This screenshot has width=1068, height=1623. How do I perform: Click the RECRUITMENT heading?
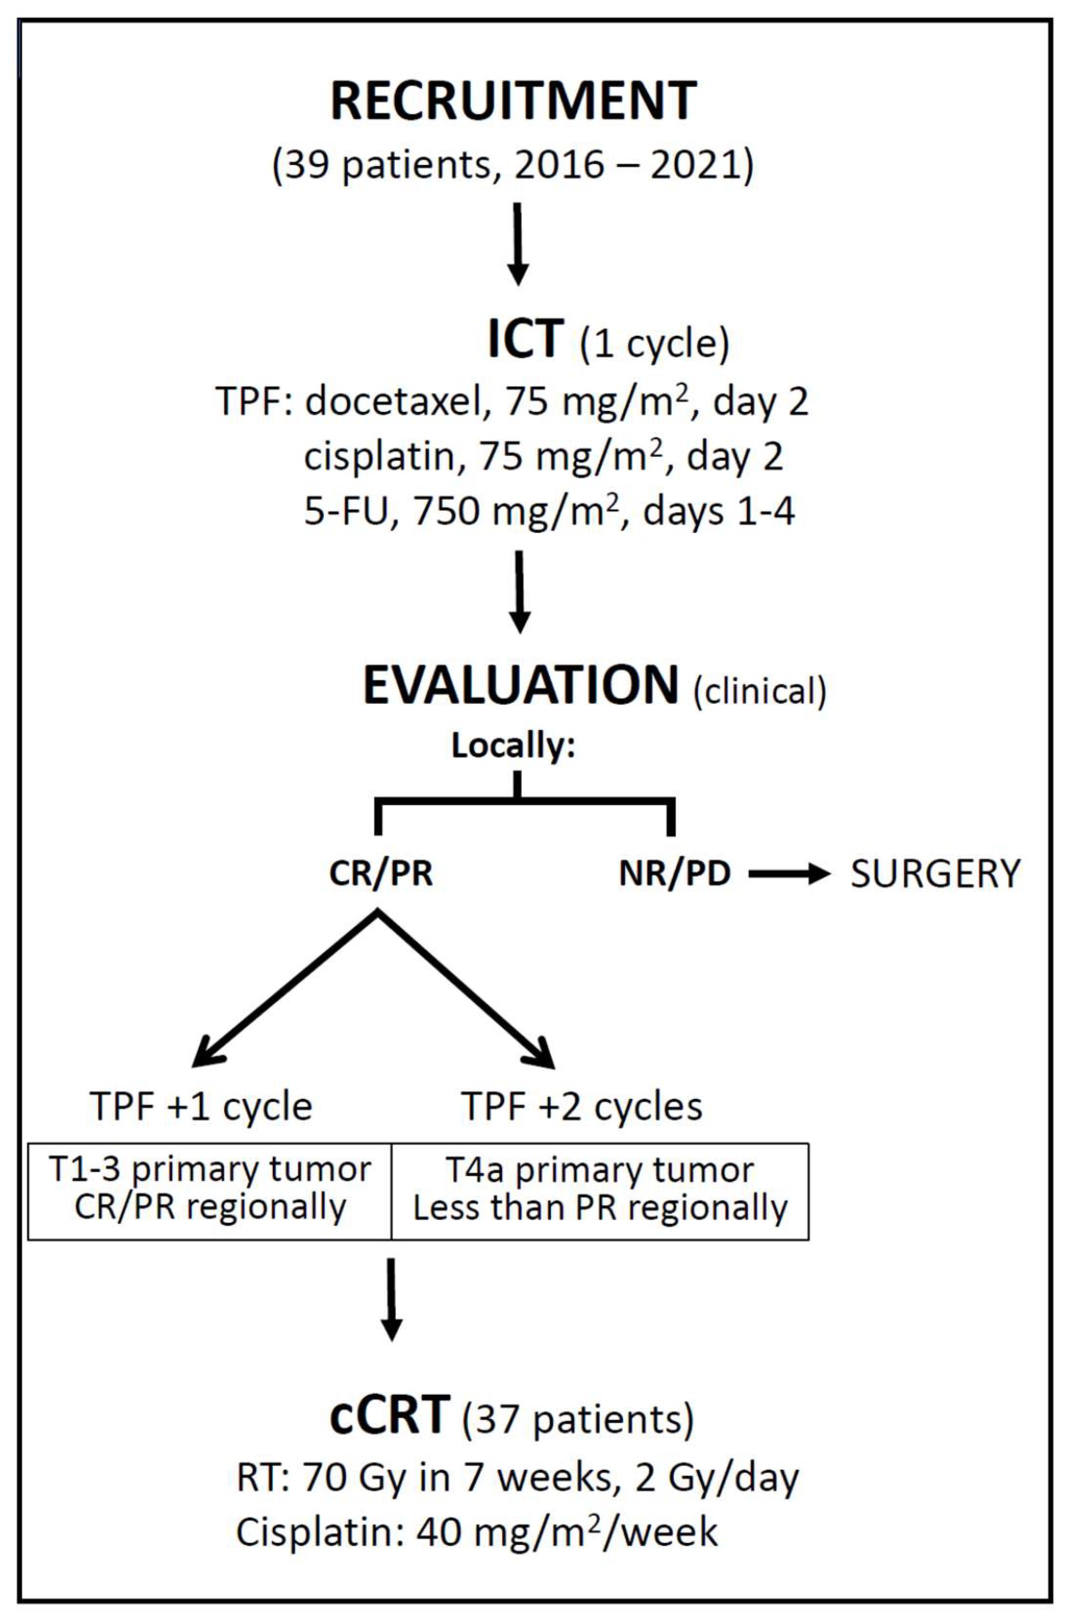[x=513, y=102]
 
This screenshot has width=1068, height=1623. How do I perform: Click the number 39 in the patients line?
[x=304, y=166]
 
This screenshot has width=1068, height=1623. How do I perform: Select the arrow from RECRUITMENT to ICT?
[x=518, y=244]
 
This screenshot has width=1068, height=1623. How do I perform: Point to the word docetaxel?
[x=393, y=402]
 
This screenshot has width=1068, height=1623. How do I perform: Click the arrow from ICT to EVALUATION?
[x=520, y=592]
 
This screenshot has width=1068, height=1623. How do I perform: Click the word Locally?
[x=513, y=746]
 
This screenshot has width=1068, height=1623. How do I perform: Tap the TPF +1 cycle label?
[x=201, y=1106]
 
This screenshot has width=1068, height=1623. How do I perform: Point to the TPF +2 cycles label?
[x=581, y=1106]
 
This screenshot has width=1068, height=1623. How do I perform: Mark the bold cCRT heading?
[x=390, y=1415]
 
